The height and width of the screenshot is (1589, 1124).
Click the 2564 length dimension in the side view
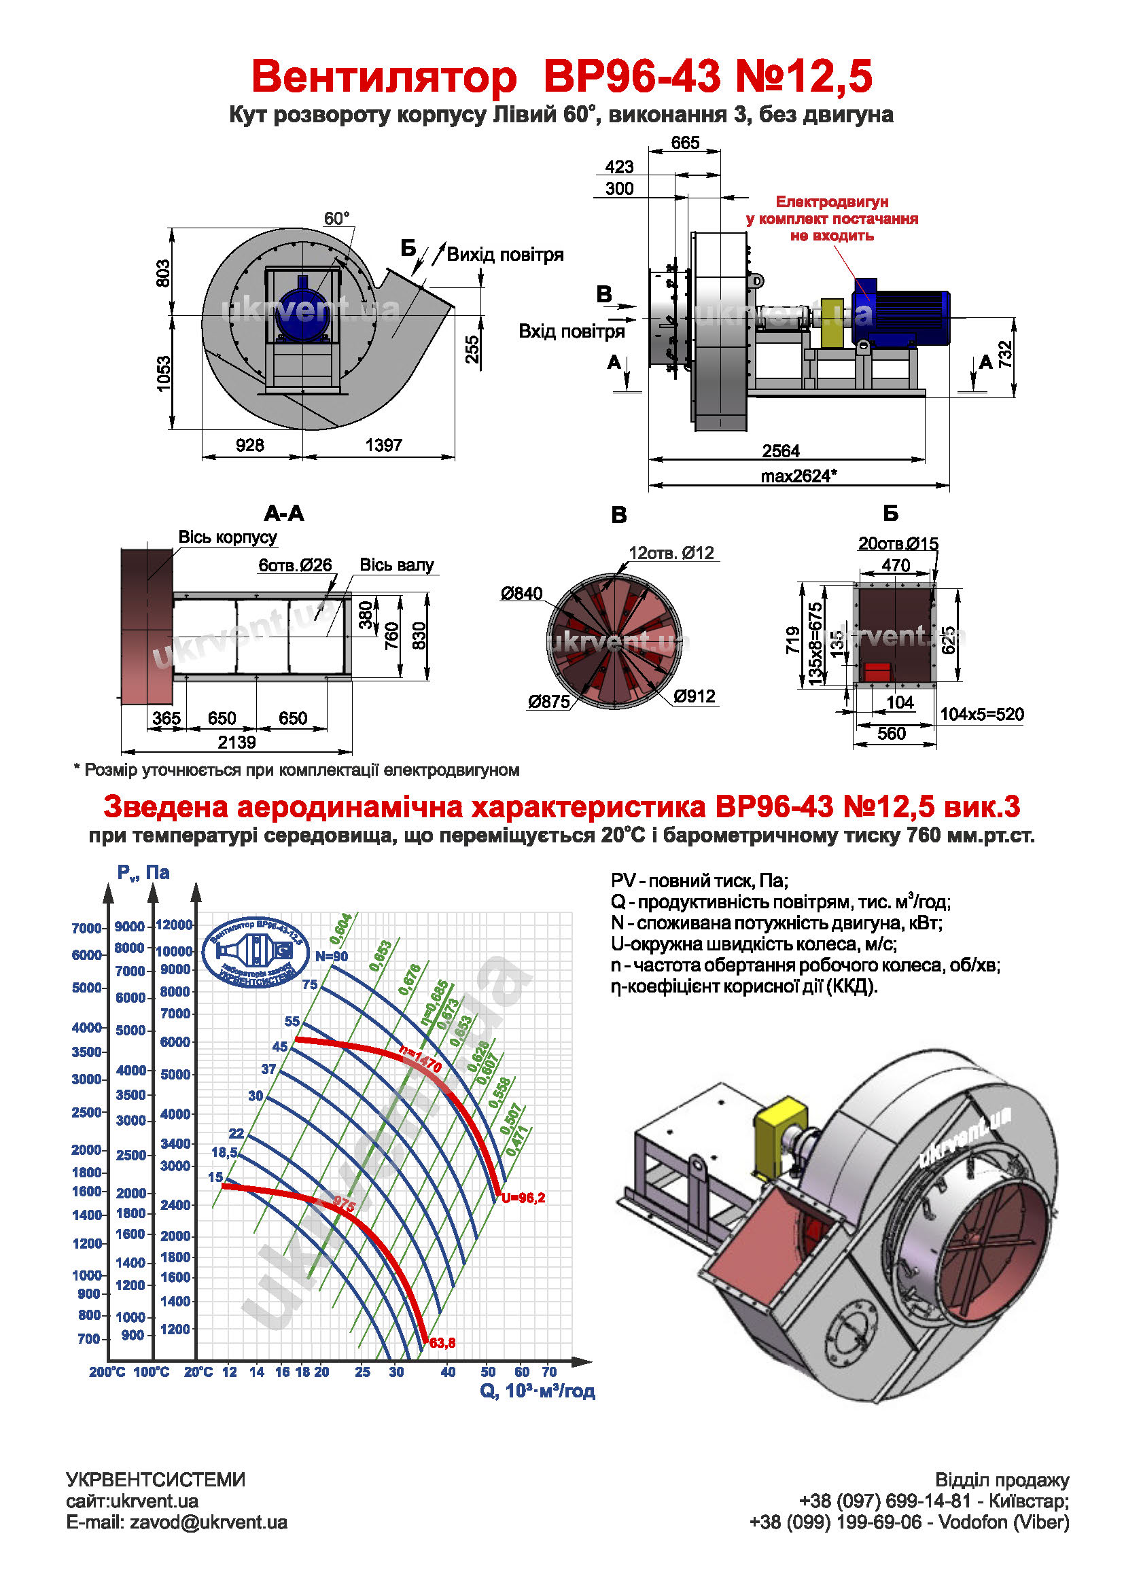pos(781,451)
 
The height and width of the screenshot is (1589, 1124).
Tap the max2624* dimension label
pos(798,476)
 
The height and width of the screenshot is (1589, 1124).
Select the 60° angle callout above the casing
pos(337,219)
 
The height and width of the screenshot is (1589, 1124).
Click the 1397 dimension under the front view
pos(383,445)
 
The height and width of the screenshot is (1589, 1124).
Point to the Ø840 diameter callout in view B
pos(522,593)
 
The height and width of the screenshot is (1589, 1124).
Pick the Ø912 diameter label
pos(695,696)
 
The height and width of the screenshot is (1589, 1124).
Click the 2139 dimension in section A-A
pos(236,743)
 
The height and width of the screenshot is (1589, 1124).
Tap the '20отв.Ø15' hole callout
pos(898,544)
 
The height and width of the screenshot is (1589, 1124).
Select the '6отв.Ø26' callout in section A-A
pos(295,565)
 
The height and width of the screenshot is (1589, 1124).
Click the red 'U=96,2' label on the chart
pos(523,1198)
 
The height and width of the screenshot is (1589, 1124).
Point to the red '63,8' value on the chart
pos(442,1343)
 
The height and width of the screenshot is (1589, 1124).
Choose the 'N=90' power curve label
pos(332,957)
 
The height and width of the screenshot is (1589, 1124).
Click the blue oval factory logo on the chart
pos(256,952)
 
